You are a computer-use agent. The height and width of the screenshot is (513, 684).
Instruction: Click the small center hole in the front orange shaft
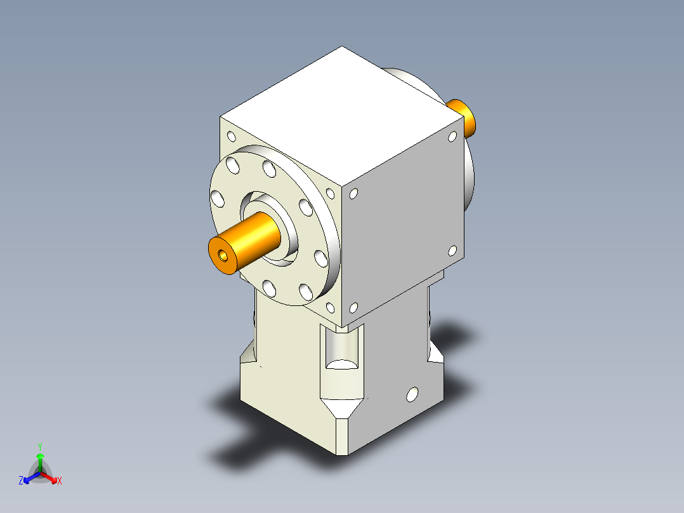point(223,255)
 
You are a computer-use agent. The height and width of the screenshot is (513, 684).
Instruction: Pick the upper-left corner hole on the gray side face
point(354,194)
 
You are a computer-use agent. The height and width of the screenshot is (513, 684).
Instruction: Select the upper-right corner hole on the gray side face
point(452,136)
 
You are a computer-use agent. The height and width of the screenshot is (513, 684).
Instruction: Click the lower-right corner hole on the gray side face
point(452,251)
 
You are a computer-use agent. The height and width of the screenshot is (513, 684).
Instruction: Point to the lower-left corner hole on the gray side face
point(354,308)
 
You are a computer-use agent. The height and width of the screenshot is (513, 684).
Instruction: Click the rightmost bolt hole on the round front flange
point(320,256)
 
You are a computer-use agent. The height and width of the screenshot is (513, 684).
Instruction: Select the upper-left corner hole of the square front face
point(232,137)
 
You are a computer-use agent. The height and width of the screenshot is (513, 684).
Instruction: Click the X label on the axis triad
point(60,481)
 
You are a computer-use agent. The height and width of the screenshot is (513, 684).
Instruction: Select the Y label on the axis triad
point(39,446)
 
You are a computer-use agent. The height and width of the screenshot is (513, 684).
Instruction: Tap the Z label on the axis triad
point(21,481)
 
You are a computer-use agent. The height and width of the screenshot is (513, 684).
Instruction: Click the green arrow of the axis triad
point(40,460)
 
